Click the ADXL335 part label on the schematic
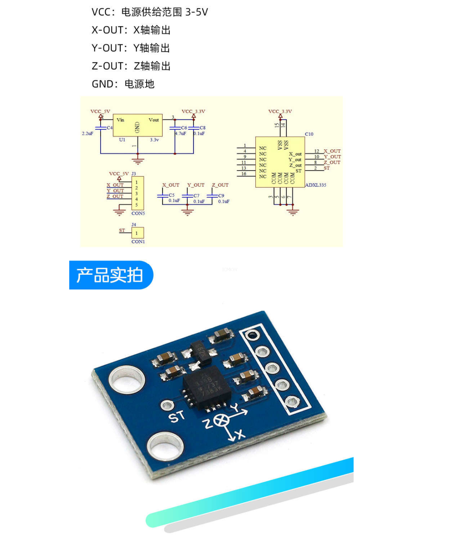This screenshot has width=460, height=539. (315, 185)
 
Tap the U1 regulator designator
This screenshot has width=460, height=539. (122, 140)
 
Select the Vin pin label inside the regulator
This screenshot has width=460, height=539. (120, 120)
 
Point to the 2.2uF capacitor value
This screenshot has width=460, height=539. (87, 133)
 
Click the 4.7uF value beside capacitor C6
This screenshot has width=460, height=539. (180, 133)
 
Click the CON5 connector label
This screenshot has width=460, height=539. (138, 213)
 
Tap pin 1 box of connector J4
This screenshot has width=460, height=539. (137, 233)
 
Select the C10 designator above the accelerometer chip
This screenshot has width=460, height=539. (309, 134)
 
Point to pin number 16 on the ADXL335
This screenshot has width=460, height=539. (244, 174)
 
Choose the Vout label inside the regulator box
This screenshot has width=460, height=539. (154, 120)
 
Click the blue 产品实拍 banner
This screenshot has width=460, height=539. (111, 275)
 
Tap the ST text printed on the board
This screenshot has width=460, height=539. (177, 417)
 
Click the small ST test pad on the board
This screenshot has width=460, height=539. (167, 406)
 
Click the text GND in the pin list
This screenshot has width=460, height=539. (103, 84)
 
